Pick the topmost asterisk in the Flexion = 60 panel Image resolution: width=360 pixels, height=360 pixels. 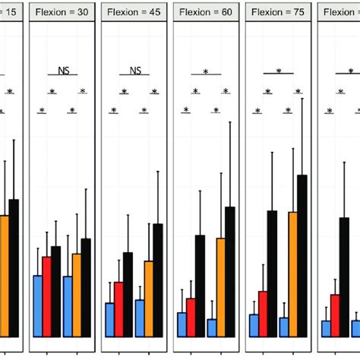206,71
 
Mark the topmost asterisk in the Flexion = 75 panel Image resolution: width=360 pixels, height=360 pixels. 278,71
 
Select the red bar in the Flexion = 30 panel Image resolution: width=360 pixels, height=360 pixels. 47,296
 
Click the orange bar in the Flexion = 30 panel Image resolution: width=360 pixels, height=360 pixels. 77,295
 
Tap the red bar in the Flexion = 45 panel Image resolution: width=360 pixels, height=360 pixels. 118,309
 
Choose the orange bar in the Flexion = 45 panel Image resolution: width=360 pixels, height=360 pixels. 149,298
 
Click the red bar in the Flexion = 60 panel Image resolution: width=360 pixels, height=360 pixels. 191,317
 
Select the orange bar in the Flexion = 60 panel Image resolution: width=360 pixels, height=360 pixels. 221,287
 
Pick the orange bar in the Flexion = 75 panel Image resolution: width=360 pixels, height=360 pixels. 293,273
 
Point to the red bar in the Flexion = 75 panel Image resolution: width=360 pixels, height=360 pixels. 263,313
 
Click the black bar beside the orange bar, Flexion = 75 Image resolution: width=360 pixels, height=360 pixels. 303,255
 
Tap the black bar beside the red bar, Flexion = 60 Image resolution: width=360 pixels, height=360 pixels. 201,286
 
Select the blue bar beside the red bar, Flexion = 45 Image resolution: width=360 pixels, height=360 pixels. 109,319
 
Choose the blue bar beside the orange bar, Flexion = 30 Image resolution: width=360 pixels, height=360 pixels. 67,306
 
